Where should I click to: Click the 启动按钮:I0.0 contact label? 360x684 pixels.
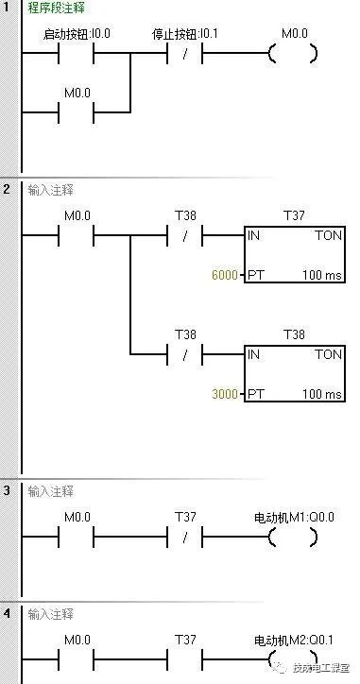pos(77,34)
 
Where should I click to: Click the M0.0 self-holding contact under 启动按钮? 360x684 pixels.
pos(77,111)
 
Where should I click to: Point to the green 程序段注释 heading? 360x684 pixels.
pos(56,8)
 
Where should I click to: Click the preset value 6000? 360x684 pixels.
pos(227,275)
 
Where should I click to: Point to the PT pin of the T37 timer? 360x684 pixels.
pos(254,275)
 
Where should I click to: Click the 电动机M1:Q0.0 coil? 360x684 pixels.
pos(293,538)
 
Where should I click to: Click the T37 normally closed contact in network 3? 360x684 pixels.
pos(185,538)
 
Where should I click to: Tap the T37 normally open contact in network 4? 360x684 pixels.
pos(185,658)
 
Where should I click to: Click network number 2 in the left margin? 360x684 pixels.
pos(7,190)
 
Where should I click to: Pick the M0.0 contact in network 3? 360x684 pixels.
pos(77,538)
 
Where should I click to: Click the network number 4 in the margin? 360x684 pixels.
pos(7,613)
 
